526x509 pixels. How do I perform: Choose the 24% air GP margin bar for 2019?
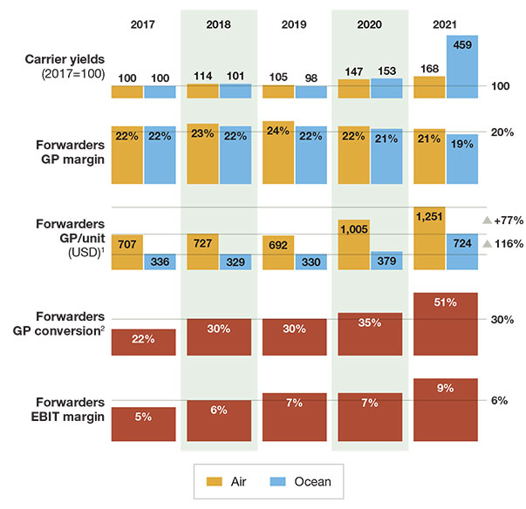[278, 152]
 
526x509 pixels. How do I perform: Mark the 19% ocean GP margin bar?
[461, 158]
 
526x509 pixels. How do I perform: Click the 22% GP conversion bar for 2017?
[144, 342]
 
